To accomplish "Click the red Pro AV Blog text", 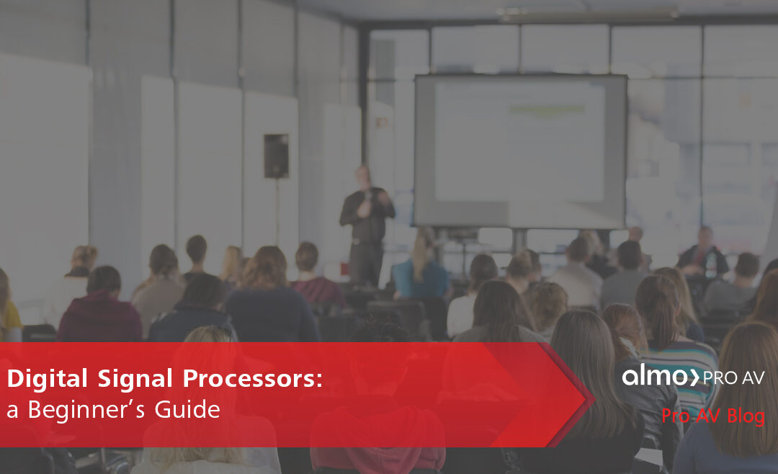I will click(713, 416).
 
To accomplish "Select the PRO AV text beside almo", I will click(733, 377).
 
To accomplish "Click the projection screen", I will click(519, 151).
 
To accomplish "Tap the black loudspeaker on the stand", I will click(276, 156).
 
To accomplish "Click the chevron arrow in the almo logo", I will click(694, 377).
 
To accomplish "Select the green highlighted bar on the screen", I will click(547, 109).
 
